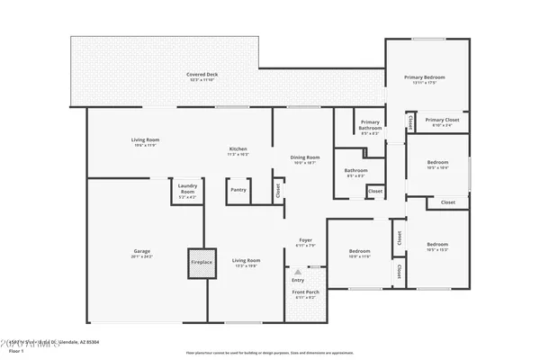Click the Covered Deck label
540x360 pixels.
coord(202,76)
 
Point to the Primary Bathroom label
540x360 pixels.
coord(370,124)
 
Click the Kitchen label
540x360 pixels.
coord(238,150)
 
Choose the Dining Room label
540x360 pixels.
coord(304,159)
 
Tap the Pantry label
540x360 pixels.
coord(238,190)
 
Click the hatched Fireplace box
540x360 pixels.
coord(202,262)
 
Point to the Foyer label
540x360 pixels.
coord(305,241)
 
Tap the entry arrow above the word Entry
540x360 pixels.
coord(298,268)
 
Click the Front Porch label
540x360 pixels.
coord(305,294)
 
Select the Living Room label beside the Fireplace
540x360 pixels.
coord(246,262)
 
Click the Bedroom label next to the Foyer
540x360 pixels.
coord(359,253)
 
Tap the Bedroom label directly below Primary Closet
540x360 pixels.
coord(437,165)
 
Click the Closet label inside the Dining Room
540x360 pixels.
coord(278,191)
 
